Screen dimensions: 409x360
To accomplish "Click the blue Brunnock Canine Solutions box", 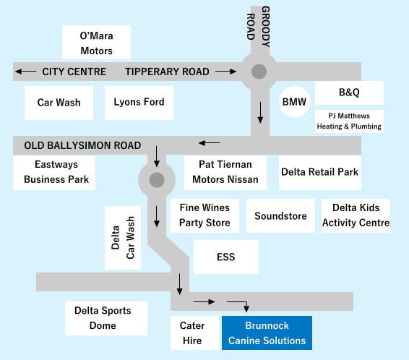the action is pos(267,333).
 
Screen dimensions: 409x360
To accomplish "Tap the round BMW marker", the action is pos(295,101).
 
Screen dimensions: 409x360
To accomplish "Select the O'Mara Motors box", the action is pos(96,42).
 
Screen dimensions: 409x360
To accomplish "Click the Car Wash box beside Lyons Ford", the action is pos(59,103).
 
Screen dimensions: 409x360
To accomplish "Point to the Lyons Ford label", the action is pos(139,102).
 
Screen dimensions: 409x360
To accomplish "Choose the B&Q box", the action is pos(349,93).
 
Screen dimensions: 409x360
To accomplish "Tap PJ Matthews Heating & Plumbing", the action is pos(349,121).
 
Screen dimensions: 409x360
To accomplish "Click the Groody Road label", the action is pos(258,27).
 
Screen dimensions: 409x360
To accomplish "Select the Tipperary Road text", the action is pos(167,72).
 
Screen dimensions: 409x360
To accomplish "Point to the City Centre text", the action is pos(74,72).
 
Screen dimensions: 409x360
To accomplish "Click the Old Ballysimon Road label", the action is pos(82,145).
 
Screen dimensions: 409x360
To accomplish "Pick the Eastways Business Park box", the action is pos(54,173).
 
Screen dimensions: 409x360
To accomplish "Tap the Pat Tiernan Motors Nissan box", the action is pos(225,173).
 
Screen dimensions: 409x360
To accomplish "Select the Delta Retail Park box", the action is pos(320,173).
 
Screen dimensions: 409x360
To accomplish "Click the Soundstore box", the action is pos(280,215).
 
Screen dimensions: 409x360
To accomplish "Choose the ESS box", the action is pos(226,257).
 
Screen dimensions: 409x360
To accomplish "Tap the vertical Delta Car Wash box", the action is pos(123,238).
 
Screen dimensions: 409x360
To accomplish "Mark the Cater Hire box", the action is pos(194,333).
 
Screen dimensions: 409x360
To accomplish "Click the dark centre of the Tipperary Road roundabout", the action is pos(259,72).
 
